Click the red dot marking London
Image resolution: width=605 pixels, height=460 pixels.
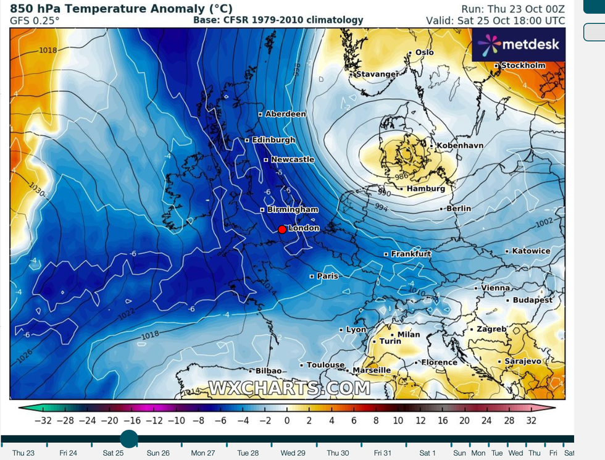(282, 229)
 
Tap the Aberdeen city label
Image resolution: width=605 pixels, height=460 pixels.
(285, 114)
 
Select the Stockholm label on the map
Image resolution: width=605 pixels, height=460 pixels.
(523, 65)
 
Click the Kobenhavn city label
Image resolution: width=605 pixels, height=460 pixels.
(460, 146)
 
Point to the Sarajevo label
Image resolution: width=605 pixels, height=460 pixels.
(522, 361)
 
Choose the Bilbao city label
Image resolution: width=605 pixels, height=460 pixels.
(269, 371)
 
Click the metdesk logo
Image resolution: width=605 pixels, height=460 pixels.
(519, 44)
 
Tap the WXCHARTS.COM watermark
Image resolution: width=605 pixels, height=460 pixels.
(290, 388)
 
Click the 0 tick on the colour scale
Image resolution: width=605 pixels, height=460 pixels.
(287, 420)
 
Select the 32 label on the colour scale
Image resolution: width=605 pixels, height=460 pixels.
(532, 420)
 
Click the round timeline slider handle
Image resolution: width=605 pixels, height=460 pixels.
(129, 439)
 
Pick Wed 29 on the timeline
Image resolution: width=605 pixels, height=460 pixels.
(293, 453)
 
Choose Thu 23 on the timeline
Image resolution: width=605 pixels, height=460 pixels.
(23, 453)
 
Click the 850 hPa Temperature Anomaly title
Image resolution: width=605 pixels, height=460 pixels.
(121, 9)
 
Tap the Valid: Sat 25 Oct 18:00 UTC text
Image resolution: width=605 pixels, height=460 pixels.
(495, 20)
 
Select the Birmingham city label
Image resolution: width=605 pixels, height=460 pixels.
(293, 210)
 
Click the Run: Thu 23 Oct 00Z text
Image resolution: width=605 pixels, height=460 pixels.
(513, 9)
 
